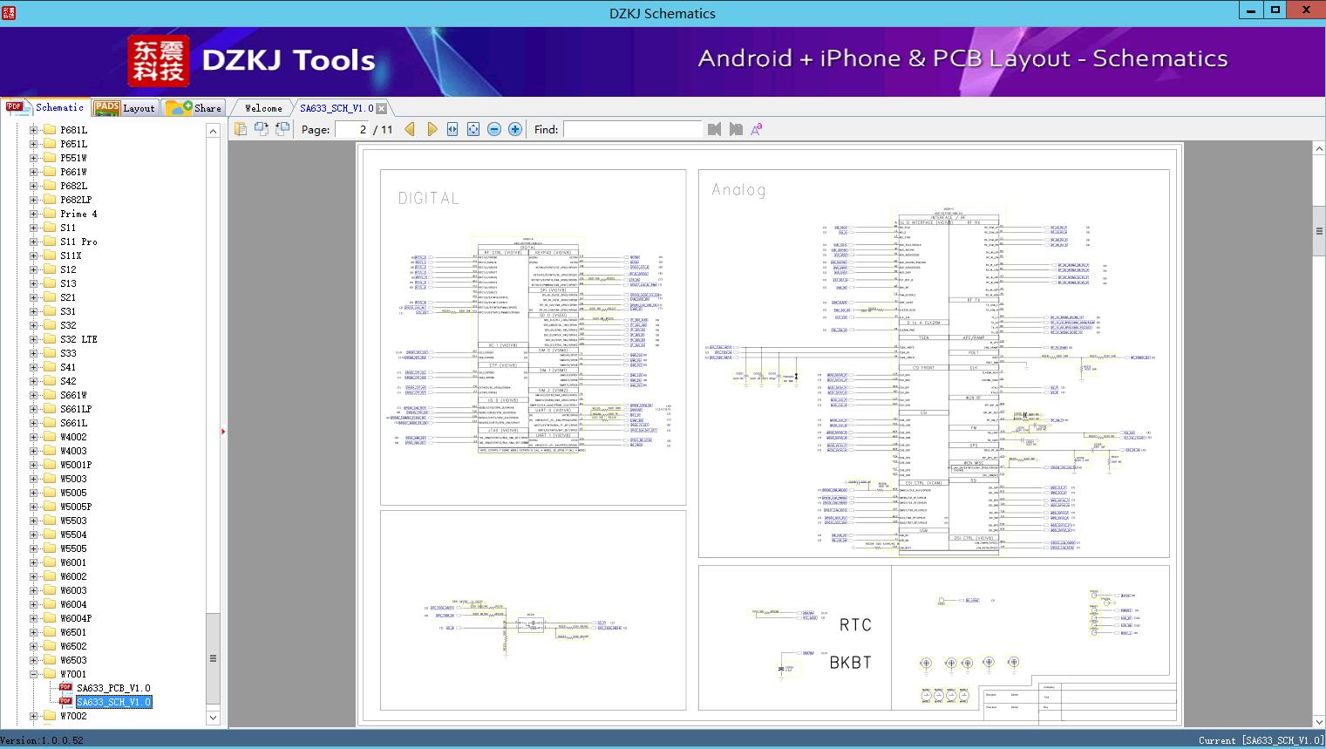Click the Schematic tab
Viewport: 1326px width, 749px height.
(x=46, y=107)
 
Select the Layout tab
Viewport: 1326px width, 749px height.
(x=125, y=108)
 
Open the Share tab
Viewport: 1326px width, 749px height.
(x=194, y=108)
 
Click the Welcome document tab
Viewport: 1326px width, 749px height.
(x=262, y=108)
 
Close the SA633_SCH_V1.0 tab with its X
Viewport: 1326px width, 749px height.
(x=382, y=108)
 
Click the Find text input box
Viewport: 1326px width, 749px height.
(x=632, y=129)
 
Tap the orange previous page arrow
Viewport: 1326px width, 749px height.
(x=410, y=129)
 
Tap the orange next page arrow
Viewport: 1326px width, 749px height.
(x=432, y=129)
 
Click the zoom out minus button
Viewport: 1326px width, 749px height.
(x=494, y=129)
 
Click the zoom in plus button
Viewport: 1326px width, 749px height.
(x=515, y=129)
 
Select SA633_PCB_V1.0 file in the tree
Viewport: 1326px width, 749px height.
(x=112, y=688)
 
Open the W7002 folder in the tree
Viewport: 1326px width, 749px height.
(x=73, y=716)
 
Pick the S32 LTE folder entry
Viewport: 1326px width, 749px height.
(x=78, y=339)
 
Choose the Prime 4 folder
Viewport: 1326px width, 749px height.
(x=78, y=214)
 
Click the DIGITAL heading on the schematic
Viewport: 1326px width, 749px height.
(x=428, y=199)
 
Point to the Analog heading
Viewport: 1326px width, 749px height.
(x=738, y=190)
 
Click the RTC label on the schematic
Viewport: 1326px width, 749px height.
(x=854, y=624)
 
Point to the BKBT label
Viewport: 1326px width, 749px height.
(x=850, y=663)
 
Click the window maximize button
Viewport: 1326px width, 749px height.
(x=1275, y=10)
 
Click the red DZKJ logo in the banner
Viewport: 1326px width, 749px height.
(x=159, y=60)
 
